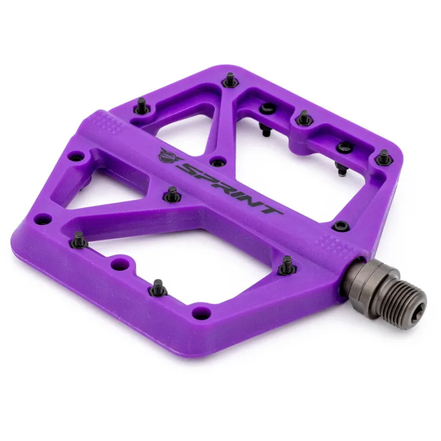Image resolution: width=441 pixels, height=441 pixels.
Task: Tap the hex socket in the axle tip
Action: (x=415, y=306)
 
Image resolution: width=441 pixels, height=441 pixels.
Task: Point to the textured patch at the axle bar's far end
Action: (x=107, y=122)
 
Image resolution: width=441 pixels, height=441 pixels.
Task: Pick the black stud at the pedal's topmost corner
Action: (x=230, y=79)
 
